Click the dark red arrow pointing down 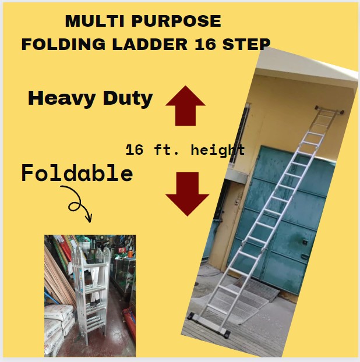click(187, 194)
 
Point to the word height click(218, 150)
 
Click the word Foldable click(77, 173)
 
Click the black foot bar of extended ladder click(208, 325)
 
